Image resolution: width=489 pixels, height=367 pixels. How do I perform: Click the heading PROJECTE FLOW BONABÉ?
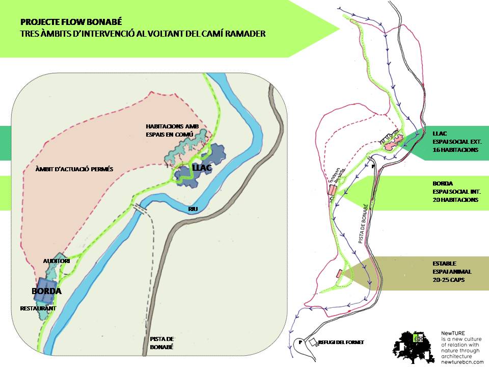pos(71,22)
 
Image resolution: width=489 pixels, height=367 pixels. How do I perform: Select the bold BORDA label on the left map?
pos(46,292)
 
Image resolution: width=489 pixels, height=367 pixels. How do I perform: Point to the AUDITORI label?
pos(56,261)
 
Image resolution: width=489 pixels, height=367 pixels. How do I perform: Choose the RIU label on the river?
pos(193,209)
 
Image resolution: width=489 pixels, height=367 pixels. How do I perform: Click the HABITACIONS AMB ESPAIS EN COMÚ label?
pos(171,130)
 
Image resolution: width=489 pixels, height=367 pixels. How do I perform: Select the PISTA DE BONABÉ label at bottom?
pos(162,343)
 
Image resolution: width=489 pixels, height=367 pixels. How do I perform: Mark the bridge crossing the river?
pos(140,209)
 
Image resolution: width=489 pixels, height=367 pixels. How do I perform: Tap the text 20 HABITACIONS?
pos(455,200)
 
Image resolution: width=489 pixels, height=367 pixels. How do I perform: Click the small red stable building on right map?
pos(339,274)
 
